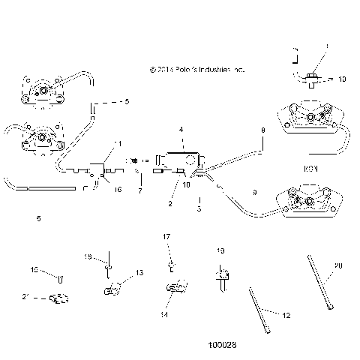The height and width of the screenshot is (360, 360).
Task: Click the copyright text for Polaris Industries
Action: click(197, 69)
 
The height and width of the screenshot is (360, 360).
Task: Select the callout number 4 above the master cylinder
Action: click(181, 130)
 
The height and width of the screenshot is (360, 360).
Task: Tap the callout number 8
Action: click(262, 130)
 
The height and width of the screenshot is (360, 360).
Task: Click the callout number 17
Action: click(167, 237)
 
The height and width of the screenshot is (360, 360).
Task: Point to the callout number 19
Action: click(220, 250)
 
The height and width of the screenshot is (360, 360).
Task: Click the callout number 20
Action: click(337, 266)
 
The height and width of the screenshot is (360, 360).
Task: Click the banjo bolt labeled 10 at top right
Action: click(311, 76)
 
